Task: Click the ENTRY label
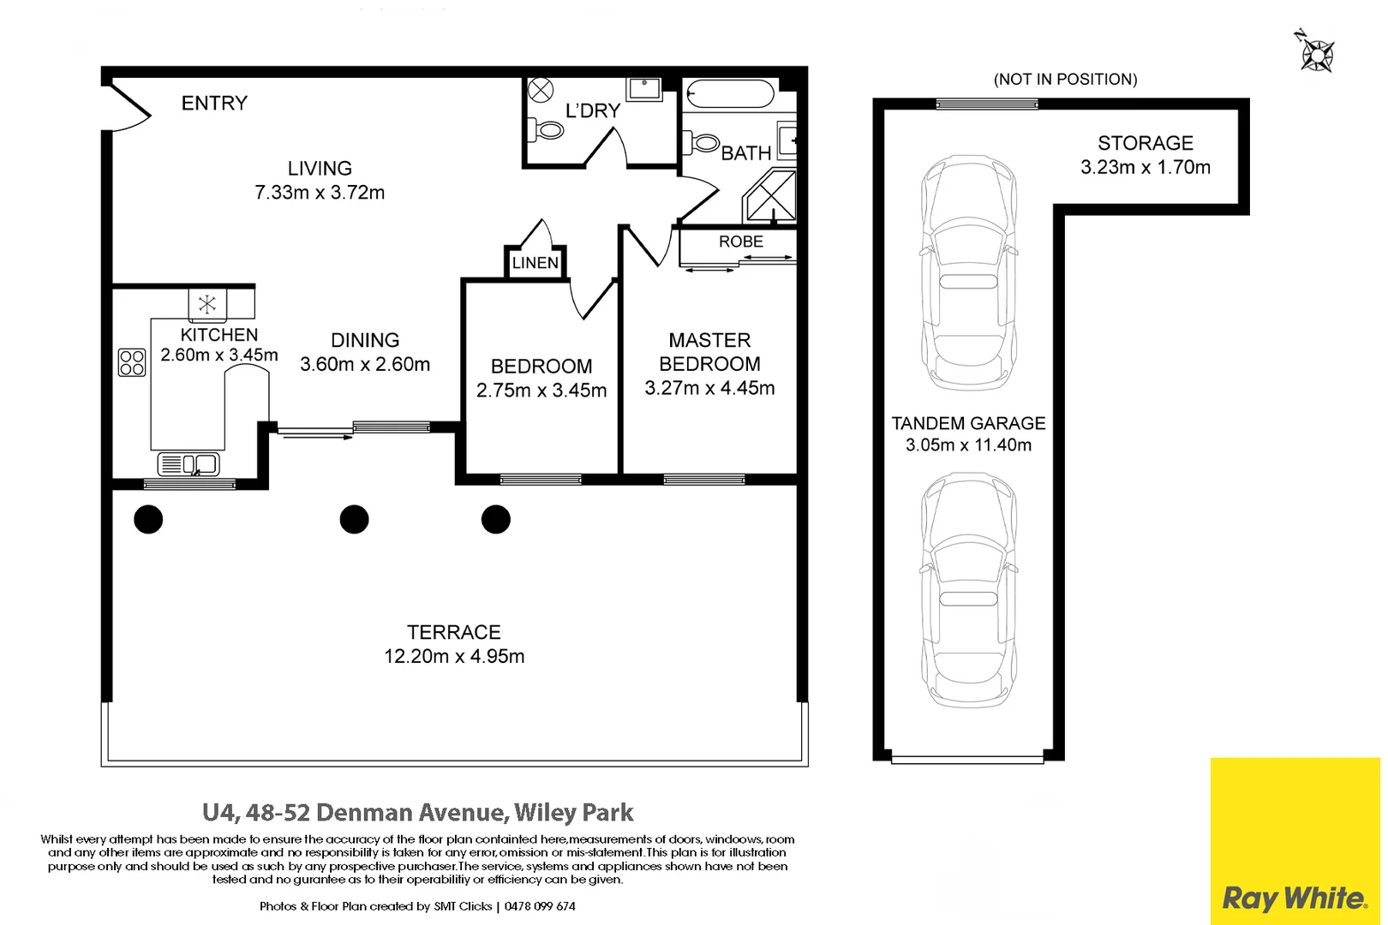[214, 104]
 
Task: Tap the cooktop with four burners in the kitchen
[132, 362]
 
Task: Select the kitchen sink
[189, 465]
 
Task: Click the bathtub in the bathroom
[731, 94]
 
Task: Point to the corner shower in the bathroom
[770, 196]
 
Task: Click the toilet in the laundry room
[546, 130]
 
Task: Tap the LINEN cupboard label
[535, 263]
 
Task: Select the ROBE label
[740, 242]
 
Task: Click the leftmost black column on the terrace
[148, 519]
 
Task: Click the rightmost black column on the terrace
[496, 519]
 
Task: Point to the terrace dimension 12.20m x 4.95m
[454, 657]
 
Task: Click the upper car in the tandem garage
[968, 274]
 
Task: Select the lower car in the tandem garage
[968, 591]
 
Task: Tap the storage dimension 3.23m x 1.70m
[1146, 168]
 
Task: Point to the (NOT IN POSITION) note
[1065, 80]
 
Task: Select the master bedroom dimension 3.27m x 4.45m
[709, 389]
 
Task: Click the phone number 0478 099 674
[540, 906]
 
